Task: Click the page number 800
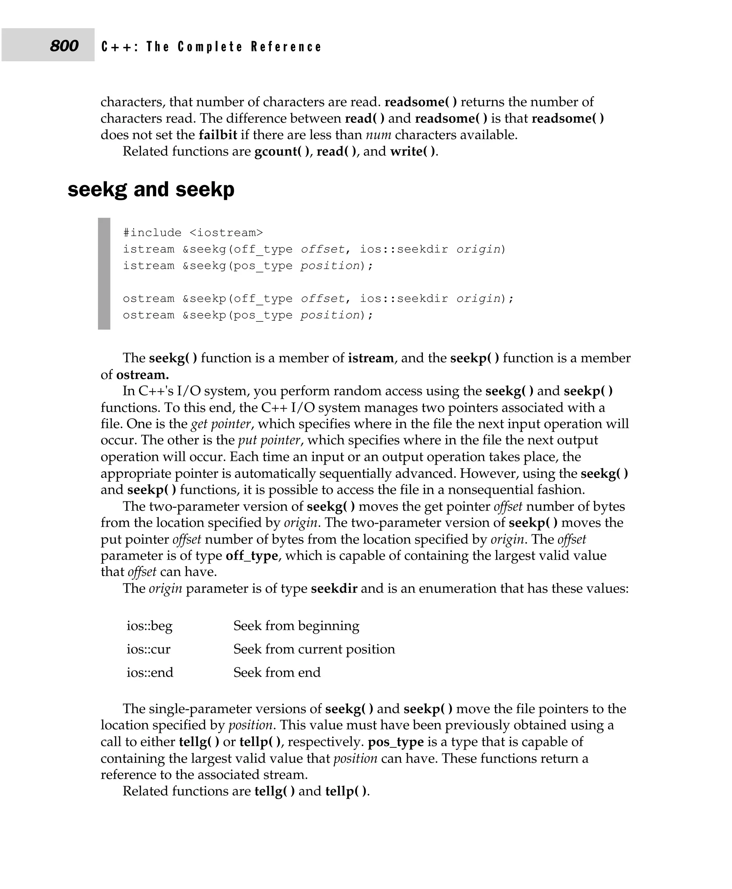64,45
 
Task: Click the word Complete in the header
210,47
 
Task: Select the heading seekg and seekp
151,190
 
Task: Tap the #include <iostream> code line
193,233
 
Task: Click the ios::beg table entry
149,626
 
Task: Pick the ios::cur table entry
148,649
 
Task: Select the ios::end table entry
150,672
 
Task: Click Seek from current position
314,649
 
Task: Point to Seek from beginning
296,626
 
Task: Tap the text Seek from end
277,672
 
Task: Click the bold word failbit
218,135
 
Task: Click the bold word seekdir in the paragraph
334,589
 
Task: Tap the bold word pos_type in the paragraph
396,742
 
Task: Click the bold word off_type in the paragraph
252,556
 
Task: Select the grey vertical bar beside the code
104,274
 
